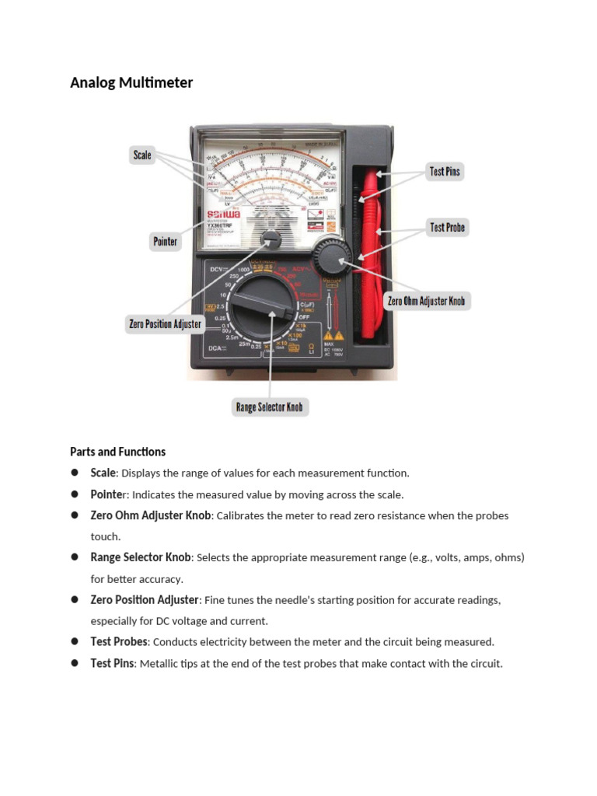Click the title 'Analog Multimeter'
tap(131, 82)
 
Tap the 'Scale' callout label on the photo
tap(142, 155)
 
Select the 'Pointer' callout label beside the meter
tap(165, 242)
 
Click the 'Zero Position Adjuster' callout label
tap(165, 324)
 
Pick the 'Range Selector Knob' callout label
tap(269, 407)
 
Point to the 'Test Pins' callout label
tap(445, 171)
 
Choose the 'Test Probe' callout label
tap(447, 228)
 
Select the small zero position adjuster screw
tap(271, 238)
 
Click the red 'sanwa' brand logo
tap(223, 214)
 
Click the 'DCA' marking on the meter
tap(215, 349)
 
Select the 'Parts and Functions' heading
tap(117, 452)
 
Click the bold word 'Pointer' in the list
tap(108, 494)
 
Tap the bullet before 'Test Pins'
tap(75, 663)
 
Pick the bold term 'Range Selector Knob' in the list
tap(141, 557)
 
